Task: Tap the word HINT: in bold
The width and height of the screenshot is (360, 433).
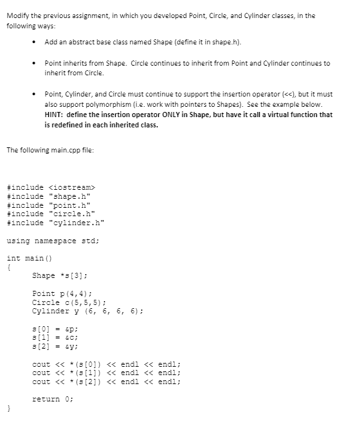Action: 55,115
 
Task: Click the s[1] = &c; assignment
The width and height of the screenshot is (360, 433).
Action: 55,337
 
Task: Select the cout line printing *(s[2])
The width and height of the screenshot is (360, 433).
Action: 106,382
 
